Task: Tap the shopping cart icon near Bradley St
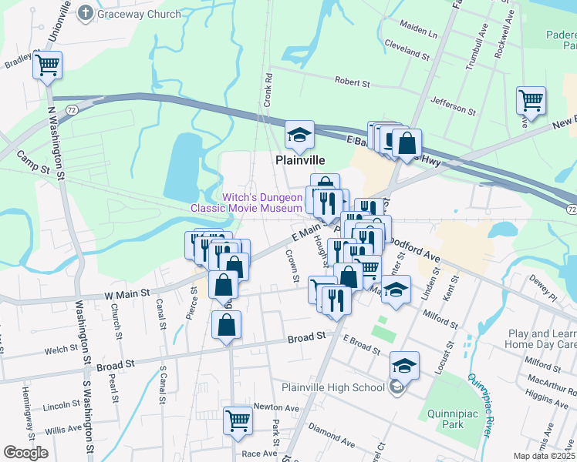coord(47,65)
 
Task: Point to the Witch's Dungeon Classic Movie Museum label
coord(262,203)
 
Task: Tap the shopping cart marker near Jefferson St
coord(531,100)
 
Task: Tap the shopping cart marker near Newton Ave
coord(238,421)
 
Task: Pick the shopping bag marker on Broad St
coord(225,326)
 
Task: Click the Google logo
coord(25,453)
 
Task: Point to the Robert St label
coord(353,81)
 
